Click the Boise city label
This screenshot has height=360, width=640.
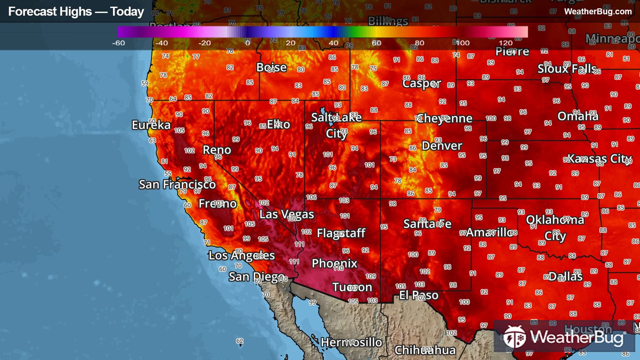point(271,67)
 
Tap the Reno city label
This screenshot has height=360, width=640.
point(217,150)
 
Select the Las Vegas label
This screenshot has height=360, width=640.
point(287,214)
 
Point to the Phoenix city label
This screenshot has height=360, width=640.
point(335,263)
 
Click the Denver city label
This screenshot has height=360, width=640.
point(442,146)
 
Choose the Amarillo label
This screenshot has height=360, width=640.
point(489,232)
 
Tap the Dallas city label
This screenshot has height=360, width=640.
point(565,276)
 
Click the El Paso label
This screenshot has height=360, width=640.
point(419,295)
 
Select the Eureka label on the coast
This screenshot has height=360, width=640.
point(151,125)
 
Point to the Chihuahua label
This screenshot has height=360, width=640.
point(425,350)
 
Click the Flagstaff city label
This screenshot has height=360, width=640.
point(341,233)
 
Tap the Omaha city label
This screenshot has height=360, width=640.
point(578,116)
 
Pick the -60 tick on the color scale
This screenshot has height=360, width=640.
point(119,43)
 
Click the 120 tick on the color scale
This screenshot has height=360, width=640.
point(506,43)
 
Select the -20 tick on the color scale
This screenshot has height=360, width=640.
point(204,43)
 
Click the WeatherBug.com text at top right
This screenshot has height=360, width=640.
point(598,12)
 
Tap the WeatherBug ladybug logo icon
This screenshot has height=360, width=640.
point(515,337)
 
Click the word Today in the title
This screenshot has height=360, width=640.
point(127,12)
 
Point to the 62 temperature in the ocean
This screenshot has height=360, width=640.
point(240,341)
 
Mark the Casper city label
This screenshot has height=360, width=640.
point(422,83)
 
